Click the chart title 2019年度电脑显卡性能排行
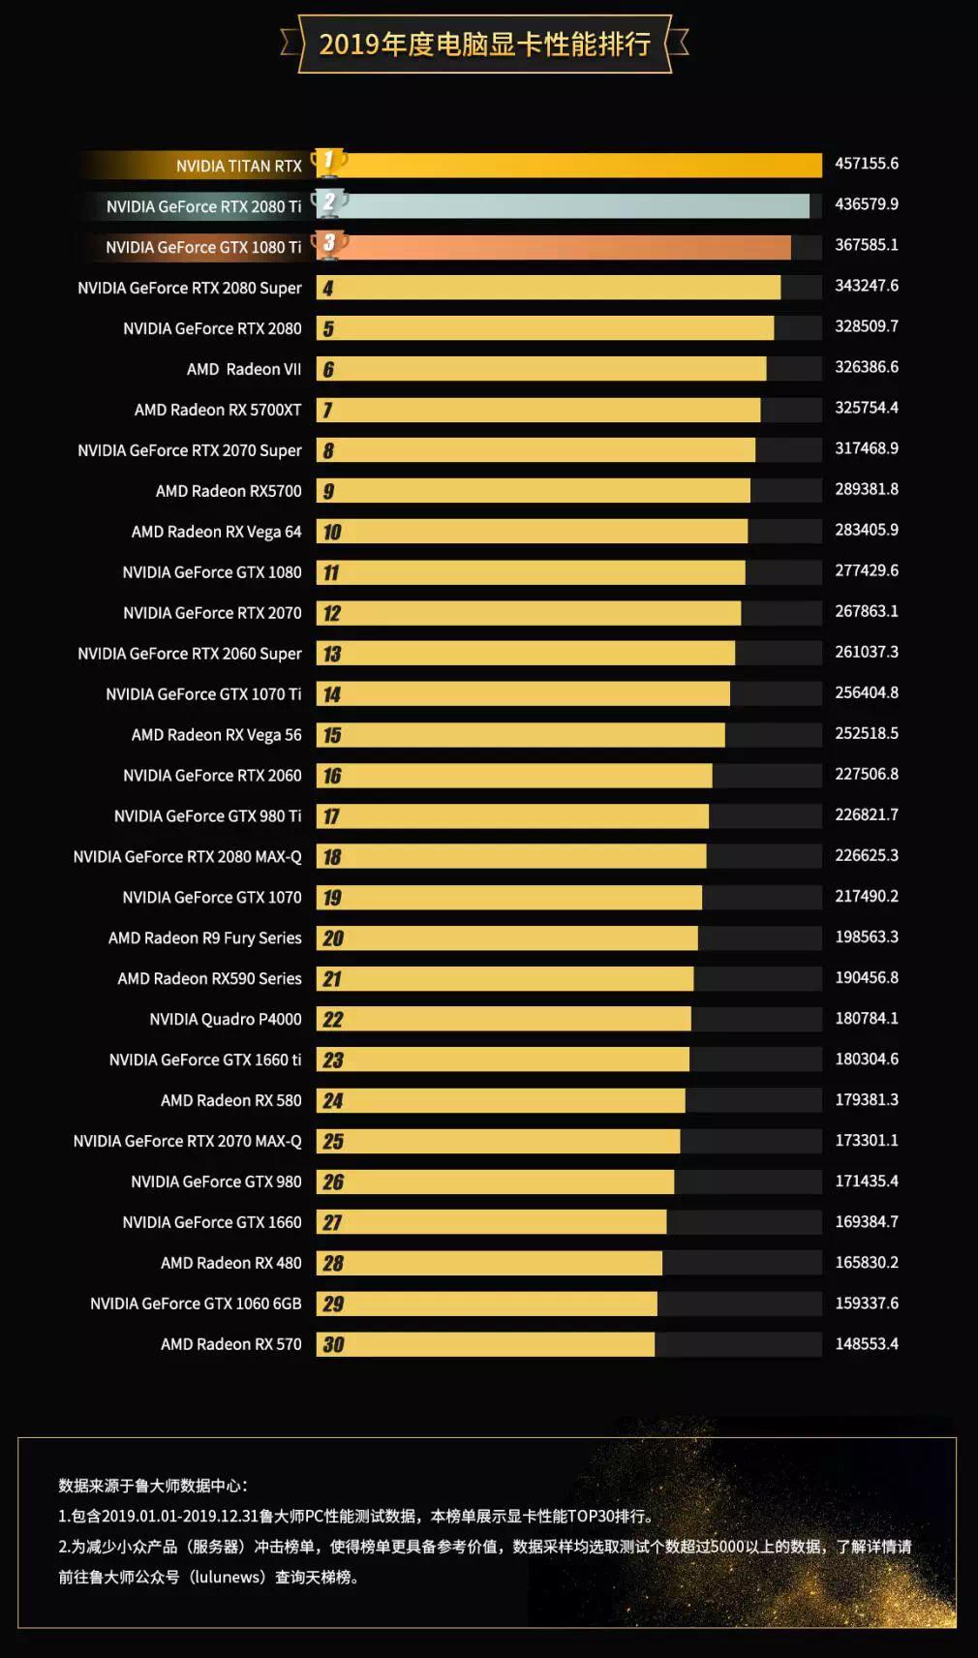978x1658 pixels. pos(484,44)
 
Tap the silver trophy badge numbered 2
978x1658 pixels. pos(329,202)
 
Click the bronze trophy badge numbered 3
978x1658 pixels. pos(329,243)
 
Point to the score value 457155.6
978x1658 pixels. pos(867,164)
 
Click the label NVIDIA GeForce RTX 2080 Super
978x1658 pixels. pos(190,288)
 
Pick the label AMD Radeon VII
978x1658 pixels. pos(244,369)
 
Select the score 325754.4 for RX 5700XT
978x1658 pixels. pos(867,408)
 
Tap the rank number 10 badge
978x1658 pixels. pos(332,532)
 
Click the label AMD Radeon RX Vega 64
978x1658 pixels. pos(216,532)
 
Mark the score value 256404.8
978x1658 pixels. pos(867,692)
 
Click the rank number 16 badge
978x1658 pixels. pos(332,776)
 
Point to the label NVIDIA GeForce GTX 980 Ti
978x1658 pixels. pos(207,816)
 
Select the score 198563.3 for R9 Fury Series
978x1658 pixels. pos(867,936)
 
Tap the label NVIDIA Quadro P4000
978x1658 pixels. pos(226,1019)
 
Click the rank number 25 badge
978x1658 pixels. pos(333,1141)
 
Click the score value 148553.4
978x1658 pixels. pos(867,1343)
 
